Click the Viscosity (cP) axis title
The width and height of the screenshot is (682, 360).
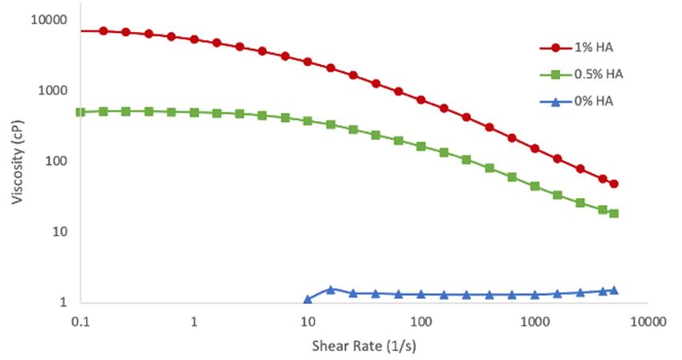(x=17, y=160)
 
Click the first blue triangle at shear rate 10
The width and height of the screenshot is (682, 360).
(x=308, y=299)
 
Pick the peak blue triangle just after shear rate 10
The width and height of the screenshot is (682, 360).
(x=331, y=289)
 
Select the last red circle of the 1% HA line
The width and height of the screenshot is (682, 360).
(x=614, y=184)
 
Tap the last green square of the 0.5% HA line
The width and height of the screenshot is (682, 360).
(x=614, y=213)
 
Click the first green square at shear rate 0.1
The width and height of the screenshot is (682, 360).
(x=80, y=112)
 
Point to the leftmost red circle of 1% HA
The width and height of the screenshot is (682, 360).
(x=104, y=30)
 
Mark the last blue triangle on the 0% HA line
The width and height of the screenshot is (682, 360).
(x=614, y=290)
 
